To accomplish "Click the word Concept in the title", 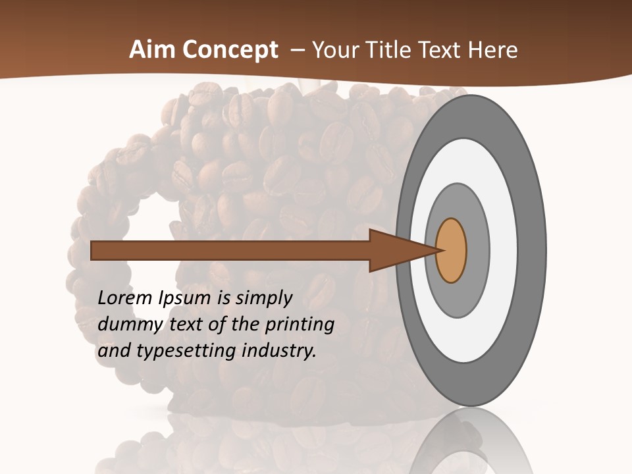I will click(x=230, y=50).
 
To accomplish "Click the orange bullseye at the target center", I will click(x=451, y=251).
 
